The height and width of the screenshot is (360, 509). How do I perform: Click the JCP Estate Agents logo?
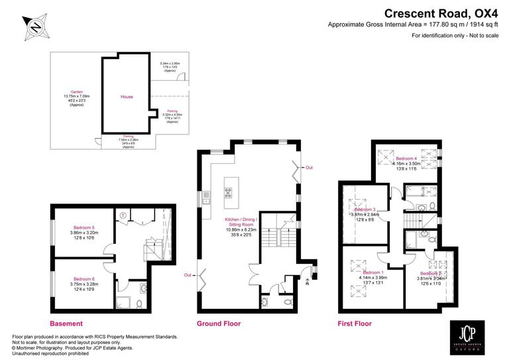[469, 334]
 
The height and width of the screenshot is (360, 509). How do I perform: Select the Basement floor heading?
[66, 324]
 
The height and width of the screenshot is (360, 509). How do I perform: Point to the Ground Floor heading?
[219, 324]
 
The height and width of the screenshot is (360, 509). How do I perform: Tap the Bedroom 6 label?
[84, 279]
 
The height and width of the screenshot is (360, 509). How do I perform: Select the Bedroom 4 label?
[406, 159]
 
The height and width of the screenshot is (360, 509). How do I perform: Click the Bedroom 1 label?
[373, 272]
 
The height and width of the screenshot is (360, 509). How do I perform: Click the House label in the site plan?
[127, 97]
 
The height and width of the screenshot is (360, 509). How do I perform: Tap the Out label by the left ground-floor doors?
[188, 275]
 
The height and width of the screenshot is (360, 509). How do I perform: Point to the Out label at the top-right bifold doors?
[308, 168]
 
